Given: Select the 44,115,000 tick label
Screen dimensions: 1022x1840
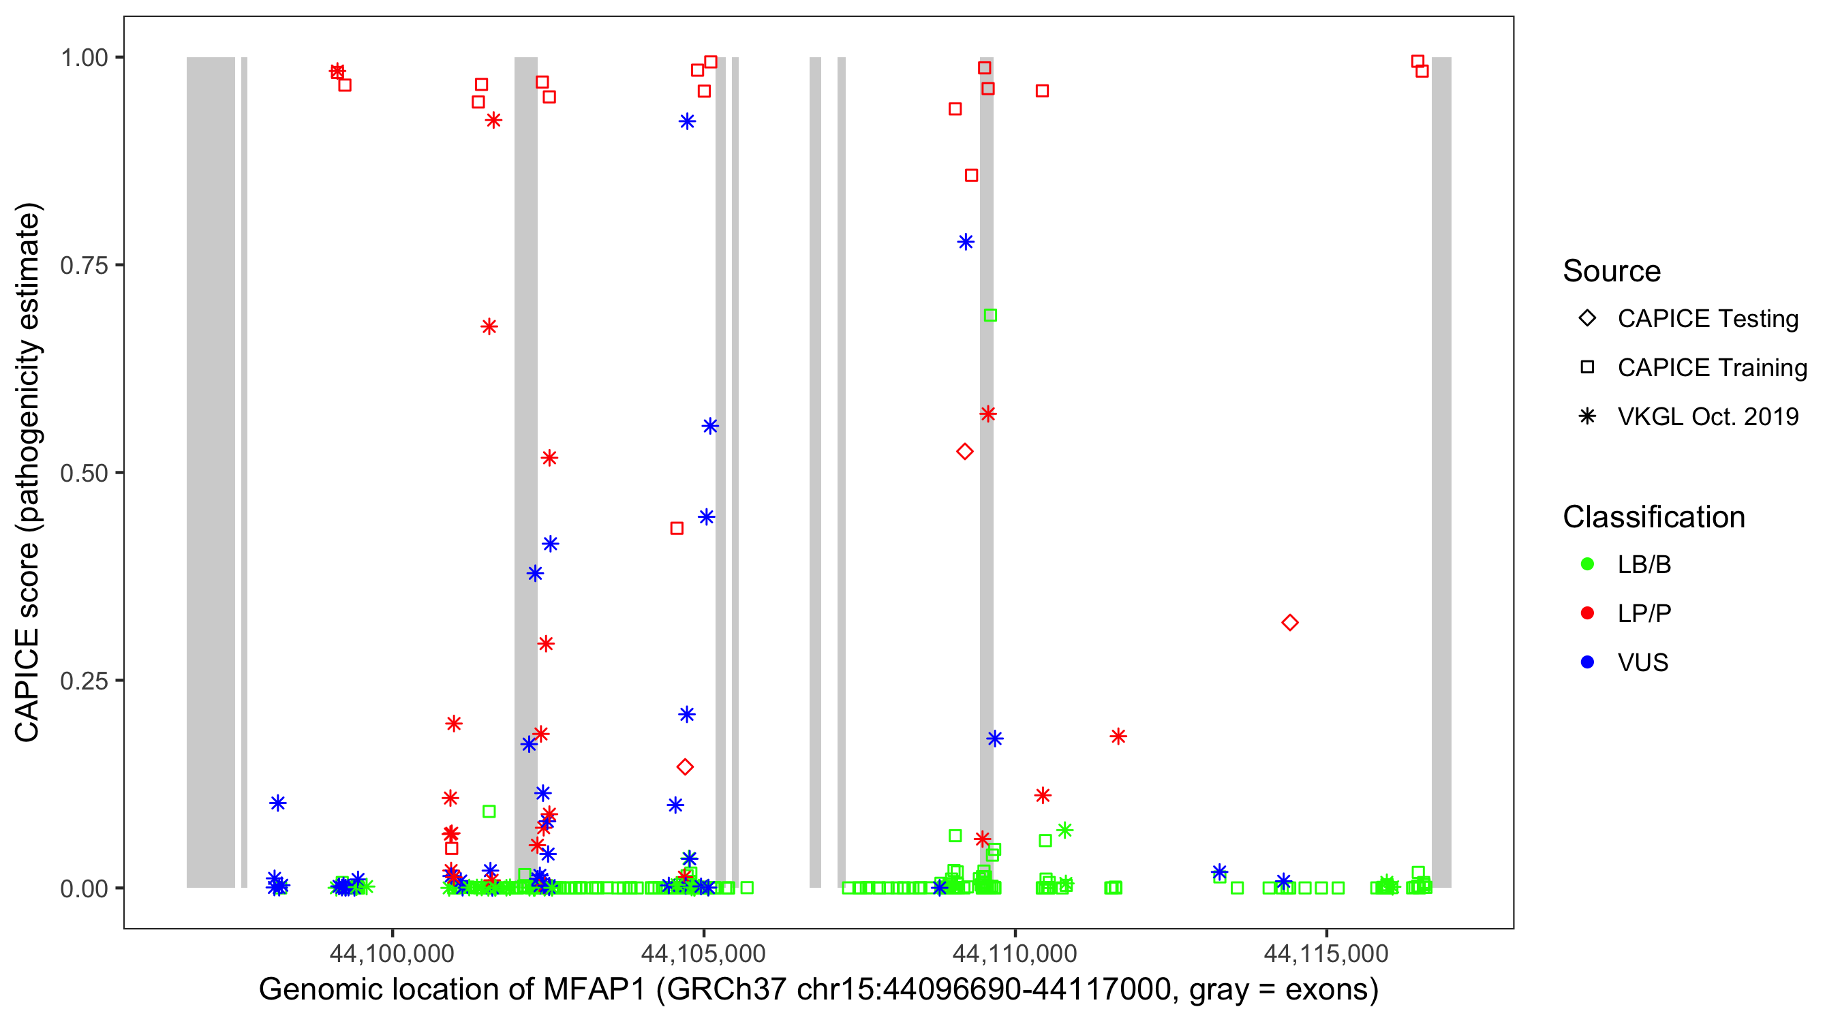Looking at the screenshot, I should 1325,953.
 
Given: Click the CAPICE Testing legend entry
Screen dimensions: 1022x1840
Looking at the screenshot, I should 1707,319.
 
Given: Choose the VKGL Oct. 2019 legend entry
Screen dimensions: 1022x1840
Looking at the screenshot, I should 1707,416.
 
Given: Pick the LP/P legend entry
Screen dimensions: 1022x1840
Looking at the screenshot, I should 1644,613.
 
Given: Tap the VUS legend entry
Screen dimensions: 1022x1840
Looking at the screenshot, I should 1642,663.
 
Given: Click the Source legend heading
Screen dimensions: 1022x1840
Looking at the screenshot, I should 1611,271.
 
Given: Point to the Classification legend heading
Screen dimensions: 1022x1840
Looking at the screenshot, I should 1653,517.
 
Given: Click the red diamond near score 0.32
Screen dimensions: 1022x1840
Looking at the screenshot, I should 1289,623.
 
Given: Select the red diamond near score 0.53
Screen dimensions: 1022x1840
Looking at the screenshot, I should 964,451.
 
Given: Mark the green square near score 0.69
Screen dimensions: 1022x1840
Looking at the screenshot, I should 990,315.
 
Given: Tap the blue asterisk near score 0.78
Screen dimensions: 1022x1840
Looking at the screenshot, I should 965,242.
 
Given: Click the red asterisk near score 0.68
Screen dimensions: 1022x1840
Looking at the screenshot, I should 489,327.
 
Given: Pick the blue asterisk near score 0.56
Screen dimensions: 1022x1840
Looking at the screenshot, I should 709,427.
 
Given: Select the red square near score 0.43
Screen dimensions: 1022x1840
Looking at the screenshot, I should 677,529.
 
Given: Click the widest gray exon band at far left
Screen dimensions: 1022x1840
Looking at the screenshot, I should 211,471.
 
